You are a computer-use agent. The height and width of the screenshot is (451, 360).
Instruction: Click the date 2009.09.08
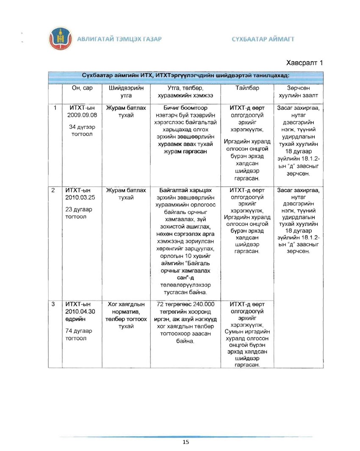click(82, 115)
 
